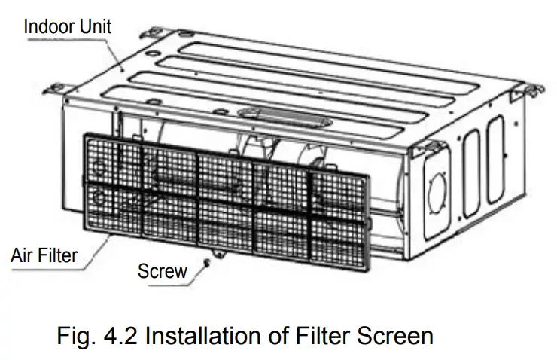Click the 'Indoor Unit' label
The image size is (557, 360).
click(67, 26)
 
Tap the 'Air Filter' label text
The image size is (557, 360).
click(44, 255)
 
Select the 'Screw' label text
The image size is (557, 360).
click(162, 271)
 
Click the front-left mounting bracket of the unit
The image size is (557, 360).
click(57, 88)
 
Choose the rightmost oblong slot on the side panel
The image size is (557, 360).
click(495, 160)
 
